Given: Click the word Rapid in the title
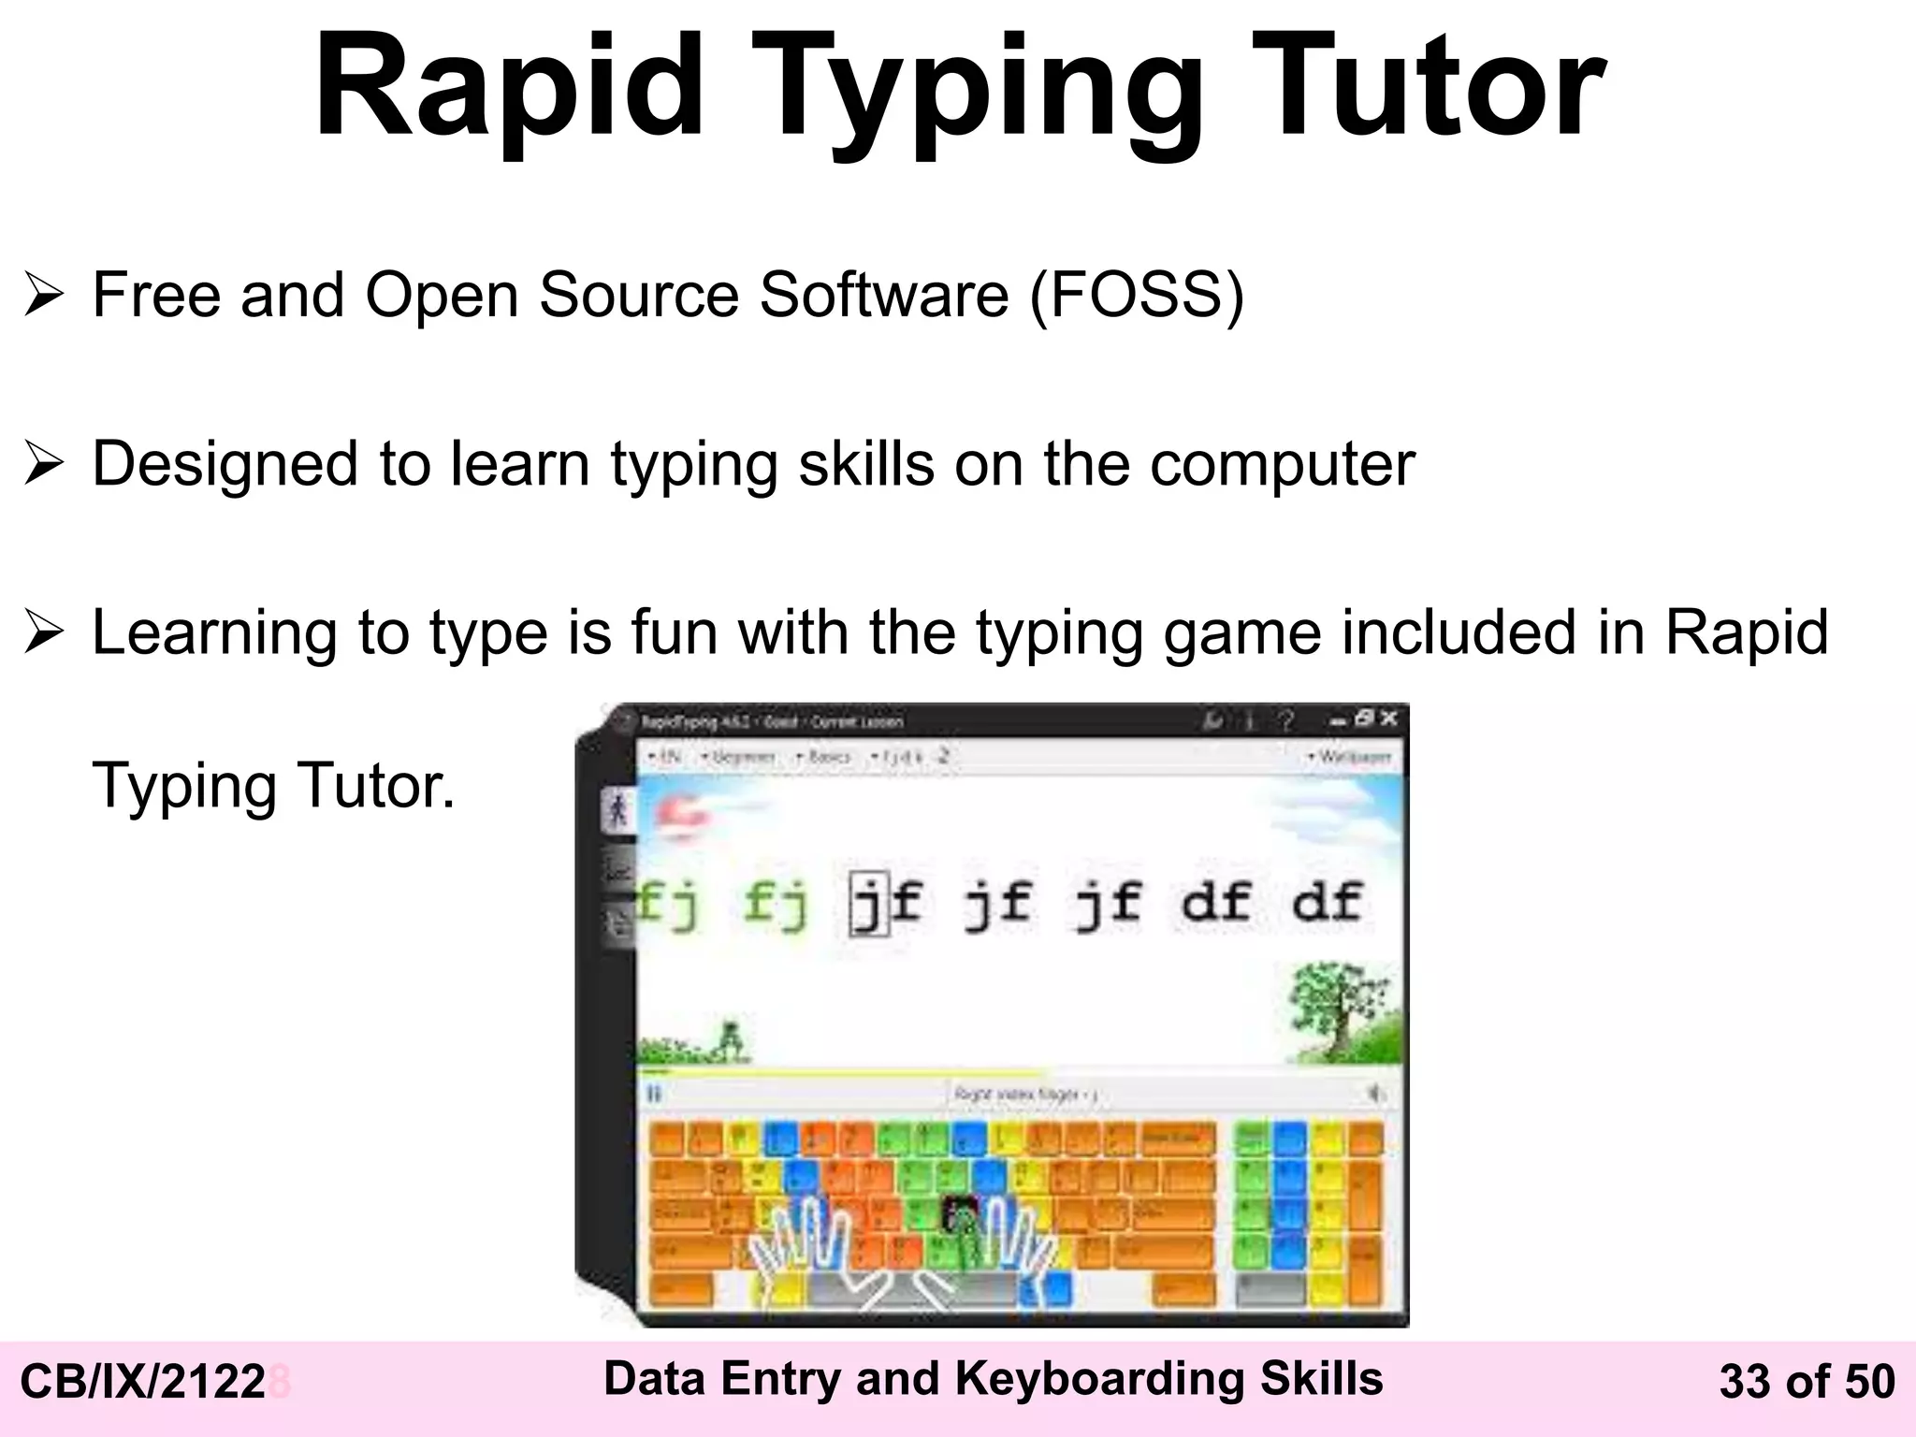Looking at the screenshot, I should pyautogui.click(x=509, y=89).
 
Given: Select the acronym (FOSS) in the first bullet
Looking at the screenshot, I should pyautogui.click(x=1137, y=296).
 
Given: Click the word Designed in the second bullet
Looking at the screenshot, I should pyautogui.click(x=225, y=464).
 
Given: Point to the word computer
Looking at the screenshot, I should pyautogui.click(x=1282, y=466).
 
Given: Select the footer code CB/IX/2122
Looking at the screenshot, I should pyautogui.click(x=142, y=1383).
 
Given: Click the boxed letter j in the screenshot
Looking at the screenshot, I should pyautogui.click(x=868, y=904).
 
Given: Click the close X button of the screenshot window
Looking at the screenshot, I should pyautogui.click(x=1388, y=718).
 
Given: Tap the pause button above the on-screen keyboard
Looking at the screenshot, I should pyautogui.click(x=654, y=1093).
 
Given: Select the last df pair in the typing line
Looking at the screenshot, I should pyautogui.click(x=1327, y=902).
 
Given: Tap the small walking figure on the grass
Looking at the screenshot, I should pyautogui.click(x=731, y=1039).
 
